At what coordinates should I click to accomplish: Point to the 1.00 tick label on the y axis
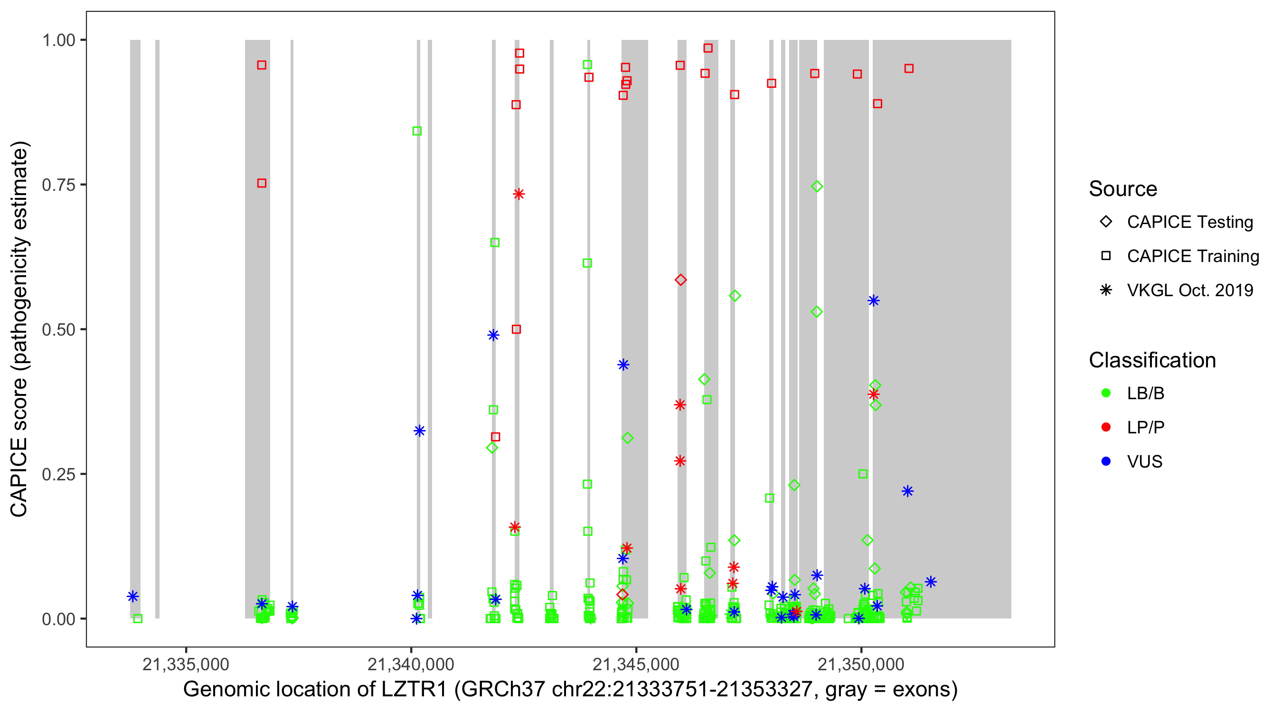(58, 40)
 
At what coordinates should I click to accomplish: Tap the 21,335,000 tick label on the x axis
(186, 664)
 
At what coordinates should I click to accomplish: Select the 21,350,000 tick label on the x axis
(861, 664)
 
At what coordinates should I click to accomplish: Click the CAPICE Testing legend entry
(1189, 222)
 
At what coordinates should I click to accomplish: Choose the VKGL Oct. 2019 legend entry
(1189, 290)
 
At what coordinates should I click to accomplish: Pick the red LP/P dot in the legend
(1106, 427)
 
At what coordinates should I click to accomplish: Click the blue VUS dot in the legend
(1106, 462)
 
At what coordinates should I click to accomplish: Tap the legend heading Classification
(1152, 360)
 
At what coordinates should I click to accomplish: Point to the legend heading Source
(1123, 189)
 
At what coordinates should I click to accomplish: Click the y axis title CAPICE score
(20, 329)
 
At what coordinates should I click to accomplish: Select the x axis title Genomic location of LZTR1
(570, 690)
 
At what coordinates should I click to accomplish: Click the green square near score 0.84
(417, 131)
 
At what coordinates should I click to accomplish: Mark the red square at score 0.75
(262, 183)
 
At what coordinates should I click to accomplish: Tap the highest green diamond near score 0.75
(817, 187)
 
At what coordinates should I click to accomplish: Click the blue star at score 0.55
(873, 300)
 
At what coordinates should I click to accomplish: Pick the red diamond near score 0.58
(681, 280)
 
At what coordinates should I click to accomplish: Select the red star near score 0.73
(518, 194)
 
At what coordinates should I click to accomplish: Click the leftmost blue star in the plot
(132, 596)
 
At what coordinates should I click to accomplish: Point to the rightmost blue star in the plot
(931, 581)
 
